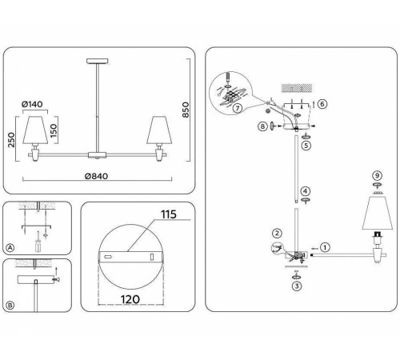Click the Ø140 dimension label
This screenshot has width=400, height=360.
[32, 104]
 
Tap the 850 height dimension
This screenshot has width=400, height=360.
[186, 110]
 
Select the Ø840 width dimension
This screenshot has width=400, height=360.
[96, 176]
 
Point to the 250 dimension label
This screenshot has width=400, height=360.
[12, 140]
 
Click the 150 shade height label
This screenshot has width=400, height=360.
[54, 130]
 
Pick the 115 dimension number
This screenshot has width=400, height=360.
[169, 214]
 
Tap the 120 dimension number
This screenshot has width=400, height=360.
[130, 299]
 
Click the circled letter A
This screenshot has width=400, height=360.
[10, 248]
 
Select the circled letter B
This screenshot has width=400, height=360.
[10, 306]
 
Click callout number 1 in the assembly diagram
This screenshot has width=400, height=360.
[325, 247]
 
